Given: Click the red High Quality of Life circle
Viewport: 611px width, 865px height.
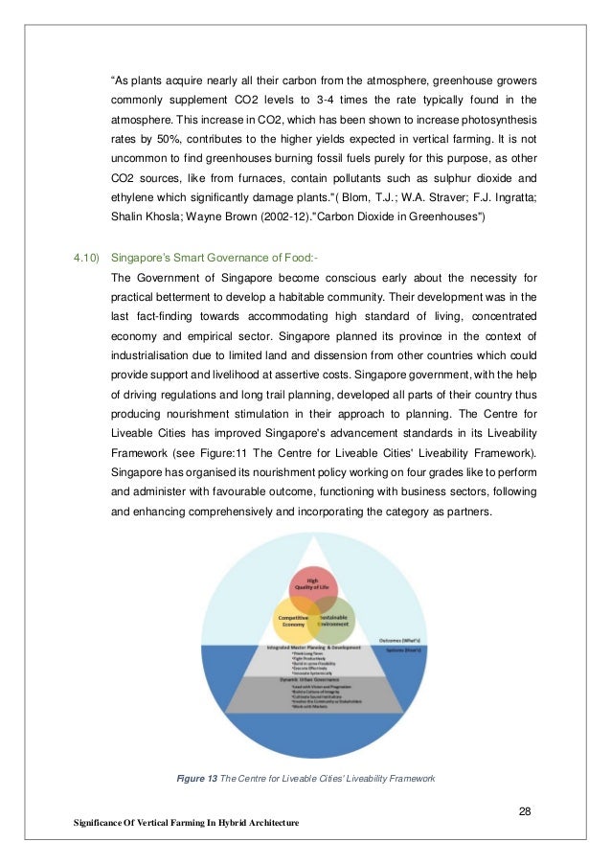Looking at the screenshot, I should click(x=312, y=586).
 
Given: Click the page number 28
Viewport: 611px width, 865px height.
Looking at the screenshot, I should click(x=525, y=812).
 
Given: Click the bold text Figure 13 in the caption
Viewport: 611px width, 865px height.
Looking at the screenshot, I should click(x=197, y=779).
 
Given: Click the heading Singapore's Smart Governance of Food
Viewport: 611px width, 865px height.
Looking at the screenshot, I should click(x=207, y=258).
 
